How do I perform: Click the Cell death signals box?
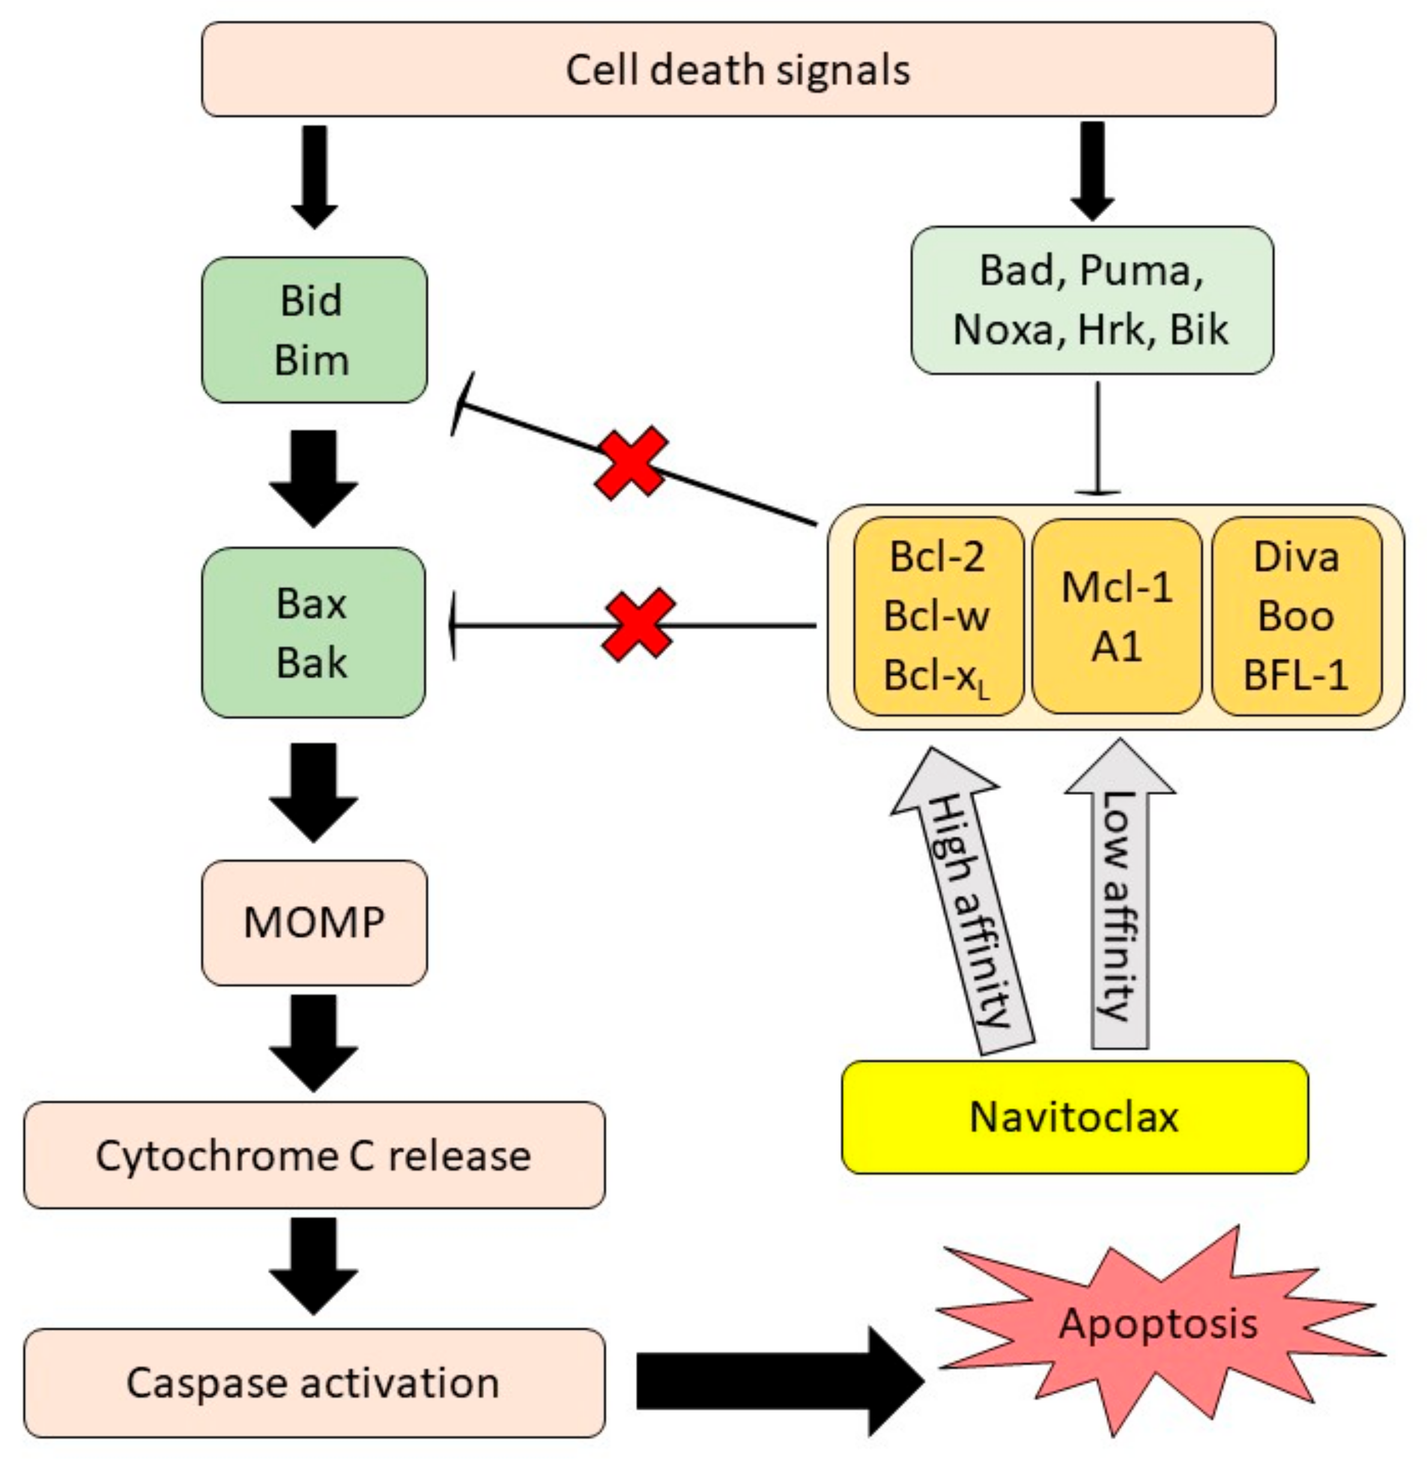click(738, 69)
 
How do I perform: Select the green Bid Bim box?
click(314, 330)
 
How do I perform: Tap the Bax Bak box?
click(314, 632)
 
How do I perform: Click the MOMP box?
click(314, 922)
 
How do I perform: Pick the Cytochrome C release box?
click(314, 1155)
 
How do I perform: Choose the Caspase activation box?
click(314, 1383)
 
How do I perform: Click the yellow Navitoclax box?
click(1074, 1117)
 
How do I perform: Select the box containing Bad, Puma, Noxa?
click(1091, 300)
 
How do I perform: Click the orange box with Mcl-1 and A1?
click(1116, 616)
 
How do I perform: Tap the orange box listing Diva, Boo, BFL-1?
click(1296, 616)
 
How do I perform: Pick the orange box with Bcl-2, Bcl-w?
click(938, 616)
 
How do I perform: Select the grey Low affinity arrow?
click(1119, 899)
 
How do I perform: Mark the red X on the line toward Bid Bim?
click(631, 463)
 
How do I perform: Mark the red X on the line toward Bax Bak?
click(638, 624)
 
